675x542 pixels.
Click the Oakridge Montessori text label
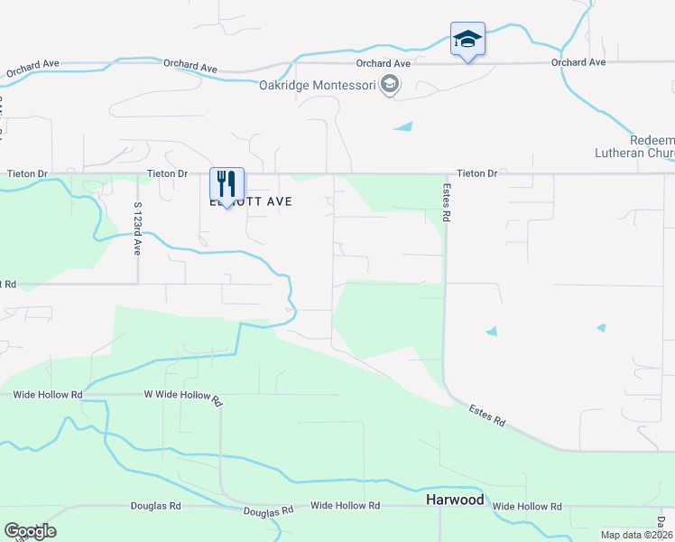[316, 86]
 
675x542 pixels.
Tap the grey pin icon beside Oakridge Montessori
[390, 86]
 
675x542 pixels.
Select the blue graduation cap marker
[467, 40]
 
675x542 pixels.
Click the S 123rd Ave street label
[138, 229]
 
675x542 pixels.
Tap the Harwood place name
[455, 500]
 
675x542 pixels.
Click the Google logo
[30, 531]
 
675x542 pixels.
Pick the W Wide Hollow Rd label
[182, 396]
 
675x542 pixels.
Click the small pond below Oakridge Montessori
[403, 126]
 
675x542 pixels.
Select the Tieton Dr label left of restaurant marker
[168, 173]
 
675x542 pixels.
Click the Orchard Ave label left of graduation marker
[383, 63]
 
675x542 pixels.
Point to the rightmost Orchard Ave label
[578, 62]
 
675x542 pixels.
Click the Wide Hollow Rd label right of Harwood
[527, 507]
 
